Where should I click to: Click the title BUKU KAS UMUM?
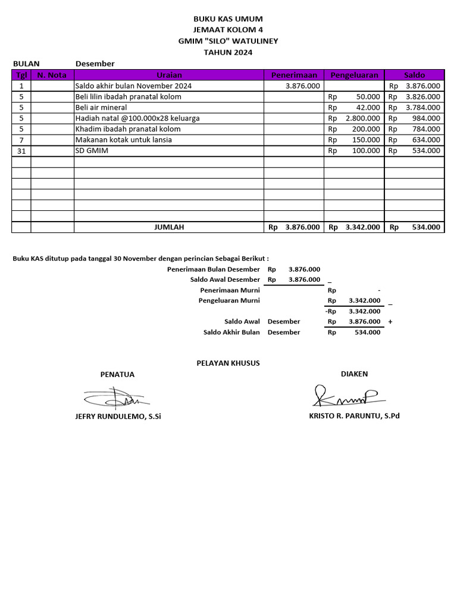coord(228,19)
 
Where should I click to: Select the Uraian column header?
coord(169,75)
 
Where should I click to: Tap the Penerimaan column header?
coord(294,75)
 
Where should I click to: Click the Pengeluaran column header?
coord(354,75)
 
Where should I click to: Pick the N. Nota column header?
coord(52,75)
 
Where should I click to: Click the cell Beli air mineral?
coord(101,107)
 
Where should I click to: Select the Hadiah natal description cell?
coord(137,118)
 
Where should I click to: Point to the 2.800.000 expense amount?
coord(362,118)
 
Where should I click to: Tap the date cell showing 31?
coord(21,151)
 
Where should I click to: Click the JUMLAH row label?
coord(169,227)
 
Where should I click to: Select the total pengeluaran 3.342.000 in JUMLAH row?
coord(362,227)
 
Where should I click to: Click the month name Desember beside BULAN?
coord(95,64)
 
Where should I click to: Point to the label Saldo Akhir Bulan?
coord(231,332)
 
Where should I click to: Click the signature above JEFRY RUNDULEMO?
coord(117,397)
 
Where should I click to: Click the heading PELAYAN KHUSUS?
coord(228,363)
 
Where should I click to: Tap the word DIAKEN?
coord(354,374)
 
